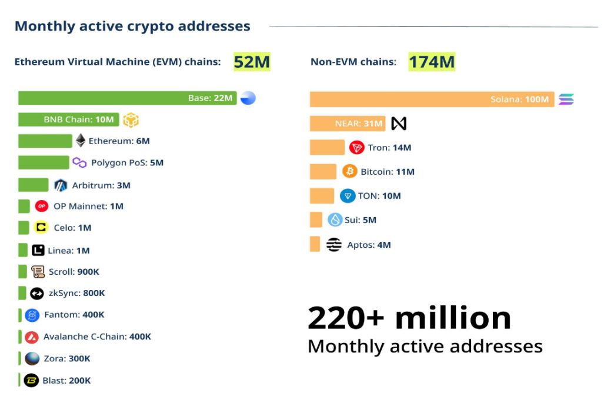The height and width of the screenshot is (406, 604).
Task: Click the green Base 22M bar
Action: (127, 98)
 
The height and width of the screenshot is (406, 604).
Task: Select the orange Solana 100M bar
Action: (432, 99)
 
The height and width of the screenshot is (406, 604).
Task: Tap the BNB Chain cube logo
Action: (131, 120)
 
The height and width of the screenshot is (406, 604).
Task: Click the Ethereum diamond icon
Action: (81, 141)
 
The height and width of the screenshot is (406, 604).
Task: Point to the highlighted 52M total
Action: (252, 62)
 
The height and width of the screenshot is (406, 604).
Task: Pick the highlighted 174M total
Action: (432, 62)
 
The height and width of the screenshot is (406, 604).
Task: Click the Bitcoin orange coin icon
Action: (350, 171)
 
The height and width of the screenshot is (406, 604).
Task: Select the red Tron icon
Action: (356, 147)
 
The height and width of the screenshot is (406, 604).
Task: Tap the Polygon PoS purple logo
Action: (79, 162)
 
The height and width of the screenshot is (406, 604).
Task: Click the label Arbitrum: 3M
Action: (101, 185)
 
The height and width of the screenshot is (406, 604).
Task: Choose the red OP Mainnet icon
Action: (41, 206)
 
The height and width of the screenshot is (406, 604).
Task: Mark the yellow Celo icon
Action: (41, 228)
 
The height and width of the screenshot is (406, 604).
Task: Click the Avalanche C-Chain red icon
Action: (32, 337)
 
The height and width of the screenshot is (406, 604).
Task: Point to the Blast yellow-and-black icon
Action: (31, 381)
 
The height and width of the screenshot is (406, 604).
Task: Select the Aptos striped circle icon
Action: (334, 245)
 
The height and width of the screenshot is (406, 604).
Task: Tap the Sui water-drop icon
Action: (335, 220)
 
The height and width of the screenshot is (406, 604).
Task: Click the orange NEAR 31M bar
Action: (348, 124)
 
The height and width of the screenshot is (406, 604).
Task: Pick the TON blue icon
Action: (348, 196)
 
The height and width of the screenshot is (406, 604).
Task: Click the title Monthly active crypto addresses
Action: (132, 26)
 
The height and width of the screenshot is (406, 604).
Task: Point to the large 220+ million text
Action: (409, 318)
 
